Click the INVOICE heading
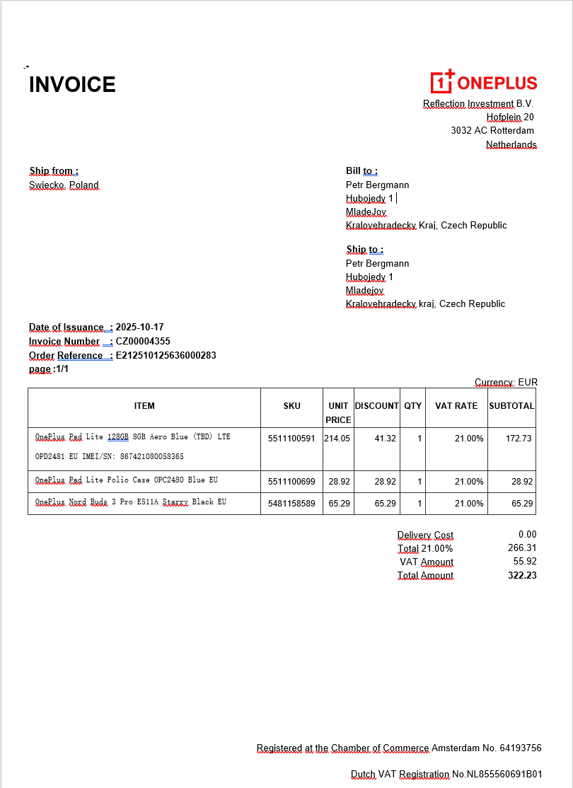(x=72, y=85)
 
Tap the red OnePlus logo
(x=484, y=82)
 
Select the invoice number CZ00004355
(x=143, y=341)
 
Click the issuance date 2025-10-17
(x=139, y=327)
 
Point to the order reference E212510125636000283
(x=166, y=355)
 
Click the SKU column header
(x=291, y=406)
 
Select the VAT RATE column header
(x=456, y=406)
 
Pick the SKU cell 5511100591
(x=291, y=439)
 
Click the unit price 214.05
(x=338, y=439)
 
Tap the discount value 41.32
(x=385, y=439)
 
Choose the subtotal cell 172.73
(x=519, y=439)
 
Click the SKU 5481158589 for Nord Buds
(x=291, y=504)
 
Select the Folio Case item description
(x=127, y=480)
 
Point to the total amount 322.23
(x=522, y=575)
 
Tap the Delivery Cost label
(x=425, y=535)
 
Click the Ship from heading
(x=54, y=171)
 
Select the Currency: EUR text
(x=506, y=382)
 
